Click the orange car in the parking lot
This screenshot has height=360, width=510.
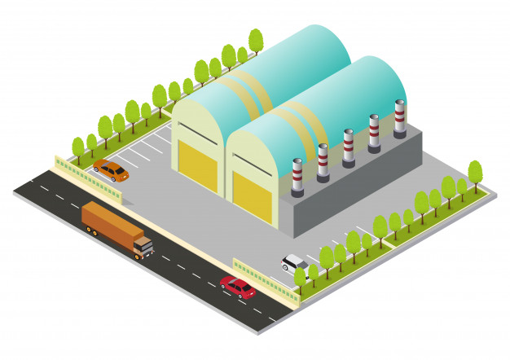[x=111, y=170]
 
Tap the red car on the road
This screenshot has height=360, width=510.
[x=238, y=287]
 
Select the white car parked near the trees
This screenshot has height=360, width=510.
[x=294, y=262]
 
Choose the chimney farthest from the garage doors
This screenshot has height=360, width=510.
[x=399, y=118]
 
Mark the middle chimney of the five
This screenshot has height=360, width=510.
[x=349, y=147]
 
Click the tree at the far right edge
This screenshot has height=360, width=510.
[x=475, y=173]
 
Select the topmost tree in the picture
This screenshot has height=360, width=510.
[x=256, y=40]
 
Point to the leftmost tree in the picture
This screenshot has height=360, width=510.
[x=78, y=147]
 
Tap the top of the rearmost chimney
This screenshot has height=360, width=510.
[x=399, y=103]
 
